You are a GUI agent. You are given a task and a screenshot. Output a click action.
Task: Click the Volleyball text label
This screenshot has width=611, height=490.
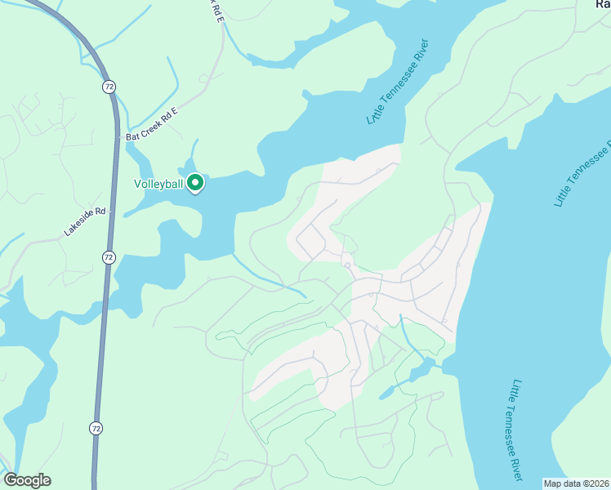click(x=158, y=184)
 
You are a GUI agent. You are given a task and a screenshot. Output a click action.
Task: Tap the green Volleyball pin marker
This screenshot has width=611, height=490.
click(x=195, y=183)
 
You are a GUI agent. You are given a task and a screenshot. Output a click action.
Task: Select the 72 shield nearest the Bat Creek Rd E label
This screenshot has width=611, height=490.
click(x=109, y=86)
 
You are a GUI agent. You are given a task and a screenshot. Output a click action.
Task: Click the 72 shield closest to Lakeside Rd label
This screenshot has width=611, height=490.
click(x=109, y=257)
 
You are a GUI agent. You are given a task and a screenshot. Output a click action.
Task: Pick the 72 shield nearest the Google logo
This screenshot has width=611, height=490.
click(x=96, y=427)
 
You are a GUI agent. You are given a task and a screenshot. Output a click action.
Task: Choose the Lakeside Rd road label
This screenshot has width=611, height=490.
click(x=85, y=222)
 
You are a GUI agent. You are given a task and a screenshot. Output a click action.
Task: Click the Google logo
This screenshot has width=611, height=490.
click(x=27, y=480)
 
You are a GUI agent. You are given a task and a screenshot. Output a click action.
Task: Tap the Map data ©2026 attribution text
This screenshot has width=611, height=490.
click(x=576, y=483)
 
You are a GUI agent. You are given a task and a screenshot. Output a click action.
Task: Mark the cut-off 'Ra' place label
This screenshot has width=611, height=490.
click(x=602, y=4)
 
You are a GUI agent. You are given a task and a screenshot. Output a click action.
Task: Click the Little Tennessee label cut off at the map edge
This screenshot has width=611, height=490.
click(x=582, y=174)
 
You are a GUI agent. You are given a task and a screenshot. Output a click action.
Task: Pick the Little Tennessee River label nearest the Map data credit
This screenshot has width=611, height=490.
click(x=517, y=429)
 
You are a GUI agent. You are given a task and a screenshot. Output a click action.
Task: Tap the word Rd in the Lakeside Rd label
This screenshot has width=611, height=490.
click(x=101, y=212)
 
